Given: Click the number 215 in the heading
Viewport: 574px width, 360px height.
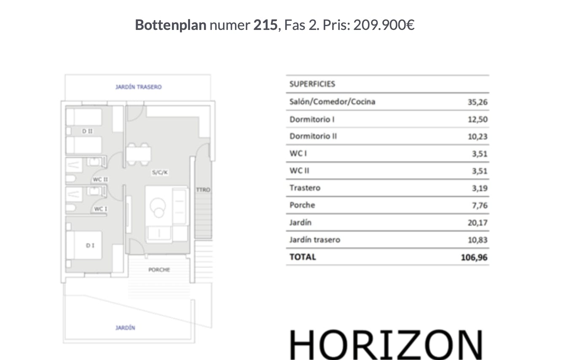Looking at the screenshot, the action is pos(266,25).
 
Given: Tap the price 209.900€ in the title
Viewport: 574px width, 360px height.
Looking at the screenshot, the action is pos(384,25).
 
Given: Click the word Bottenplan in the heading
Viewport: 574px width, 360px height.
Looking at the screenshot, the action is pos(171,25).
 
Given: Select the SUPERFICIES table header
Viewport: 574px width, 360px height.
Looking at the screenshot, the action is pos(312,84).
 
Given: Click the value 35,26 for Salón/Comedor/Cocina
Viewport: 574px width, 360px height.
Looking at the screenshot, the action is pos(477,102).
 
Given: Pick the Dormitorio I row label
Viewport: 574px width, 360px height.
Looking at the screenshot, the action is pos(312,119).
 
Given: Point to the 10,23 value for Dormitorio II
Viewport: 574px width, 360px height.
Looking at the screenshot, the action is pos(477,137).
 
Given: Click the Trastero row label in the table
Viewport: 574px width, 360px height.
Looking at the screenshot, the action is pos(305,188).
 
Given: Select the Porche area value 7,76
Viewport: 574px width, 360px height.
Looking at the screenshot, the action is pos(480,205).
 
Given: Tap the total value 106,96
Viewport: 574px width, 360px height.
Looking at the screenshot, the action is pos(474,257).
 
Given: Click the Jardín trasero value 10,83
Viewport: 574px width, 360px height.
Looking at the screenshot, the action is pos(477,240).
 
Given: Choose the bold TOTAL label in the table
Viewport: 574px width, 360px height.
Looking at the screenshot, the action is pos(303,257).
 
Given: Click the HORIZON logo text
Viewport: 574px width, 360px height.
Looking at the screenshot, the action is pos(386,345).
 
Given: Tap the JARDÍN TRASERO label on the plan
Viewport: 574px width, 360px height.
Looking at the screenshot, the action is pos(139,87).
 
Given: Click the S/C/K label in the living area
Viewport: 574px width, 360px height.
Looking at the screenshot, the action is pos(160,172).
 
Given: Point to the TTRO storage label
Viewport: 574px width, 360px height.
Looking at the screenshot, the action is pos(203,190).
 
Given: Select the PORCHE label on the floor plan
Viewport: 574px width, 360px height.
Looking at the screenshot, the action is pos(159,270).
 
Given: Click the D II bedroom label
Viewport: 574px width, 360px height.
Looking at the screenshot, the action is pos(87,132).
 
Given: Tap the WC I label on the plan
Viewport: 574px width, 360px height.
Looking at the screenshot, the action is pos(100,209).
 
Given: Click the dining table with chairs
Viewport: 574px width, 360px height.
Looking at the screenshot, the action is pos(138,154).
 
